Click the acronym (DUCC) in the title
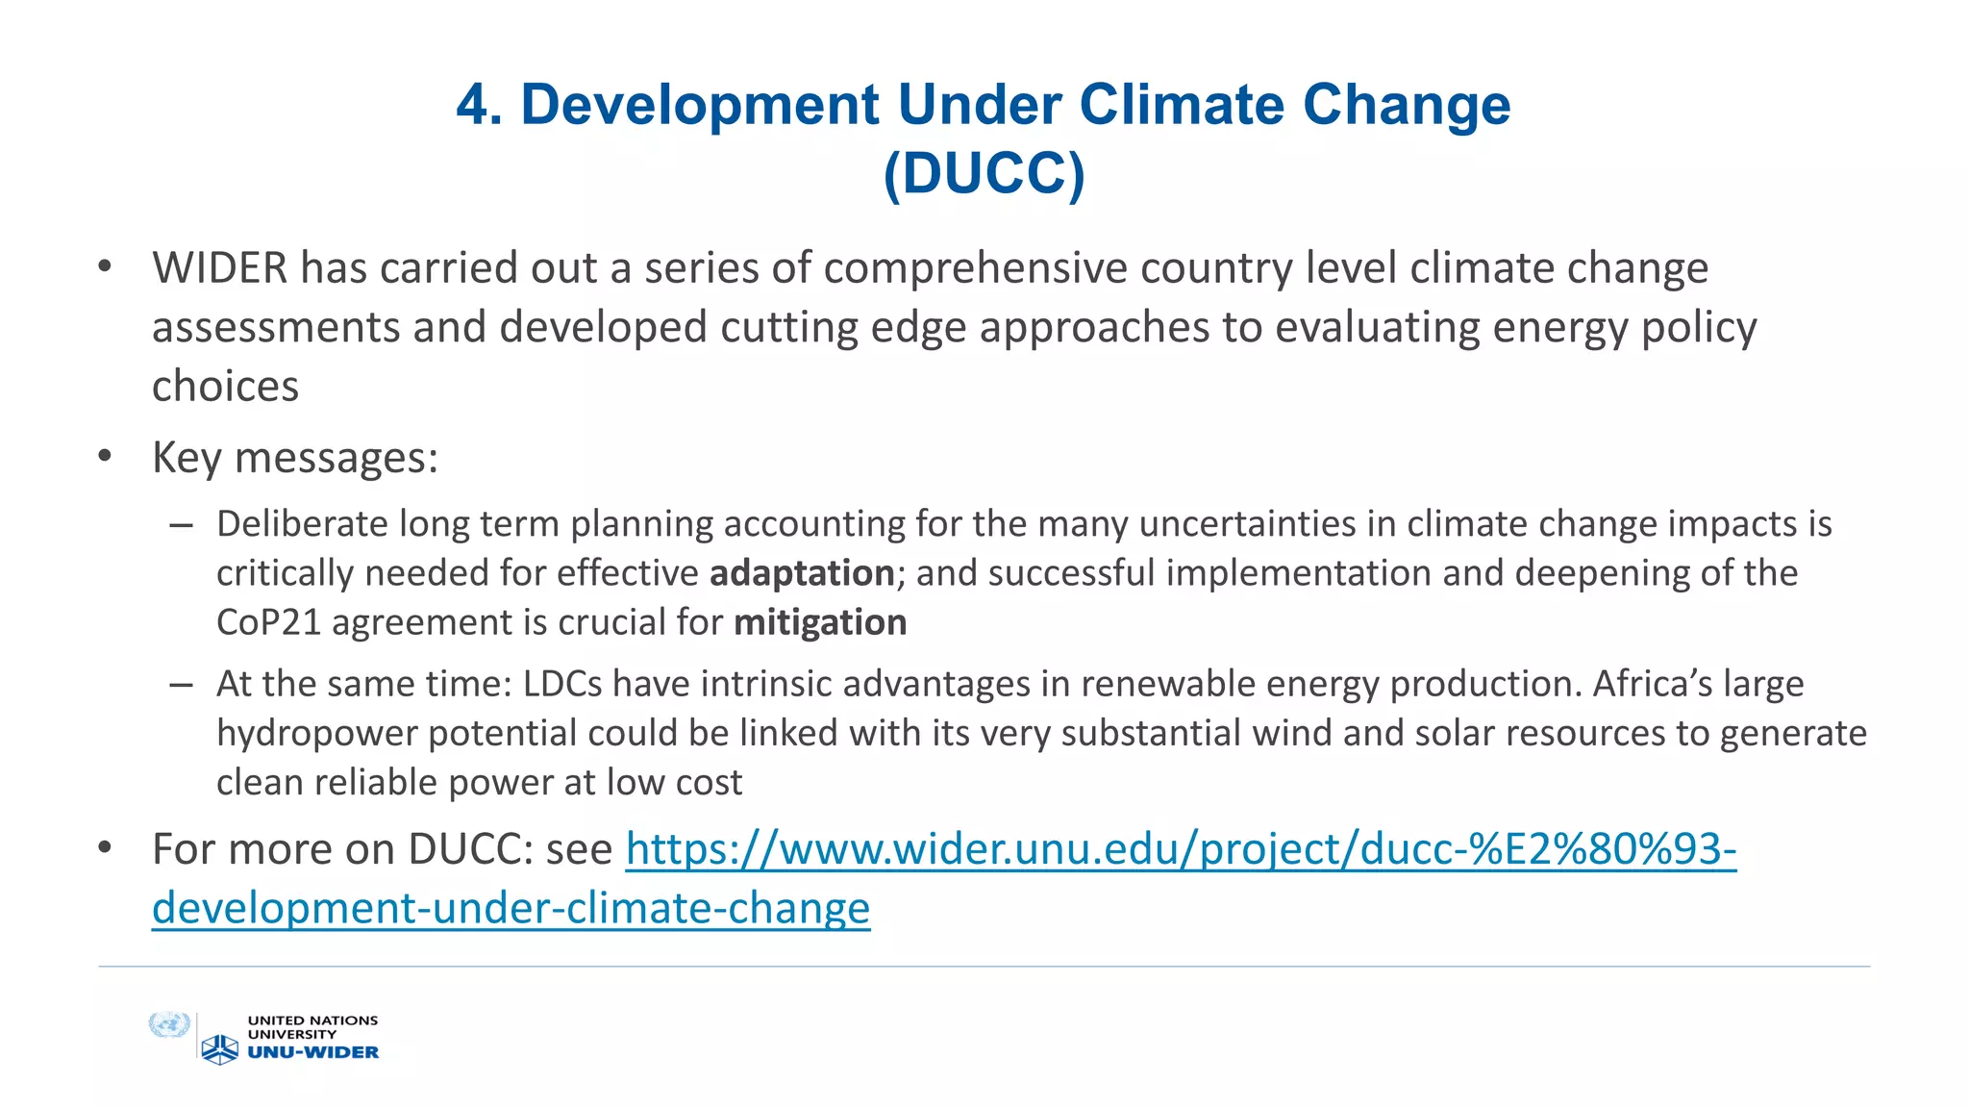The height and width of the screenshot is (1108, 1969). (984, 173)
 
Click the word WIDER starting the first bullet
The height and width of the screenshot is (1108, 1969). (219, 268)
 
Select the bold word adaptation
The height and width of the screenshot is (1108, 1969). (802, 573)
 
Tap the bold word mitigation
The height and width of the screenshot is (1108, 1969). (820, 622)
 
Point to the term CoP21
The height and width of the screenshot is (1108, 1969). (268, 622)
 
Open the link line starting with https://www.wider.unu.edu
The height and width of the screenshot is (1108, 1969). (1181, 849)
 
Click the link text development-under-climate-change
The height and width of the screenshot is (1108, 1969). (511, 908)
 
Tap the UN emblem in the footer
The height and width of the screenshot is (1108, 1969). (169, 1025)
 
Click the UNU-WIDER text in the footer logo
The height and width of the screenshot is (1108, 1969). (313, 1052)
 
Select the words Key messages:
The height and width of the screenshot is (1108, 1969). (295, 458)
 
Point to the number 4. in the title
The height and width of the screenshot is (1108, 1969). (479, 104)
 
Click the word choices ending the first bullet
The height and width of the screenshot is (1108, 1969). (225, 387)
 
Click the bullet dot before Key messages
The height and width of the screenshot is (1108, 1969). (105, 457)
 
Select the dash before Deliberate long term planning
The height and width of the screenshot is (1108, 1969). (181, 525)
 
